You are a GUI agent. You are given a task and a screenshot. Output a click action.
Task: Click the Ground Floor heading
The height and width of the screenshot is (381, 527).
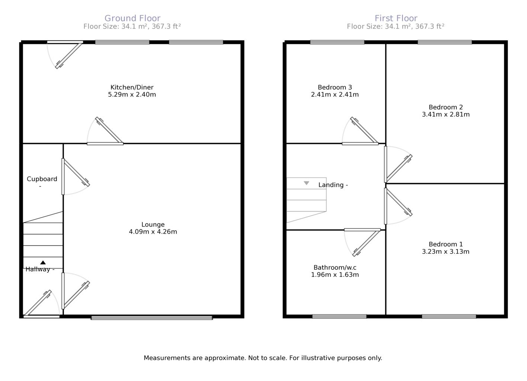pyautogui.click(x=132, y=18)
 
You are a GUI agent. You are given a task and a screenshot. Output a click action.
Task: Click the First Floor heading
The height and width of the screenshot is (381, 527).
pyautogui.click(x=396, y=18)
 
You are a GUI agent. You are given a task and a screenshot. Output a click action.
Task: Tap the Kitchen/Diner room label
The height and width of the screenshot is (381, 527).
pyautogui.click(x=132, y=87)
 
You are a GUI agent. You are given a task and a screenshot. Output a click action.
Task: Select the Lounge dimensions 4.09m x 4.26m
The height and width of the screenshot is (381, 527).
pyautogui.click(x=153, y=232)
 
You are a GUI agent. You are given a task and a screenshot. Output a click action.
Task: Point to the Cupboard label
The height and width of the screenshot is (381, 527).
pyautogui.click(x=42, y=179)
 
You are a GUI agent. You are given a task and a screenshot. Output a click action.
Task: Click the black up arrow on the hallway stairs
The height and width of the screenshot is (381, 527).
pyautogui.click(x=43, y=262)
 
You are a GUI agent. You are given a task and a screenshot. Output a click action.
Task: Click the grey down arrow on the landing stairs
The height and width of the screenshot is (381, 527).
pyautogui.click(x=306, y=183)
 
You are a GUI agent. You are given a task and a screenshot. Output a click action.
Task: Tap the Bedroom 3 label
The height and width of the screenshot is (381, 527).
pyautogui.click(x=335, y=87)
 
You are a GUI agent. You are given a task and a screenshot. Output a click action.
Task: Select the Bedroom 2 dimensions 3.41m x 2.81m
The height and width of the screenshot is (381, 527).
pyautogui.click(x=446, y=115)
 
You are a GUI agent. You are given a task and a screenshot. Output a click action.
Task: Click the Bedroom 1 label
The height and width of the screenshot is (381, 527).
pyautogui.click(x=446, y=244)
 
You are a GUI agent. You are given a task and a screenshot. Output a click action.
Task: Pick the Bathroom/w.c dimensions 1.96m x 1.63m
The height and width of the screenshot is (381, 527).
pyautogui.click(x=335, y=275)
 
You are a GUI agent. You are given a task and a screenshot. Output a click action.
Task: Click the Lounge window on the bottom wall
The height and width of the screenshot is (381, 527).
pyautogui.click(x=152, y=318)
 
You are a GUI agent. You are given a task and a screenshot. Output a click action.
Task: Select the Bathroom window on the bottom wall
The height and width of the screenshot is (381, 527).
pyautogui.click(x=339, y=317)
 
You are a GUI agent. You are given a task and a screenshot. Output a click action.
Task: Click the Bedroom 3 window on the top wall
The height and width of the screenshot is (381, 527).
pyautogui.click(x=337, y=42)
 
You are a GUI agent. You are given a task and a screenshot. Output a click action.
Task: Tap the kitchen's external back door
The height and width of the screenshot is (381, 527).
pyautogui.click(x=69, y=55)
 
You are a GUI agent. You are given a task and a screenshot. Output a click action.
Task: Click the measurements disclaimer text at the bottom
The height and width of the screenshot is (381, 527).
pyautogui.click(x=263, y=358)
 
